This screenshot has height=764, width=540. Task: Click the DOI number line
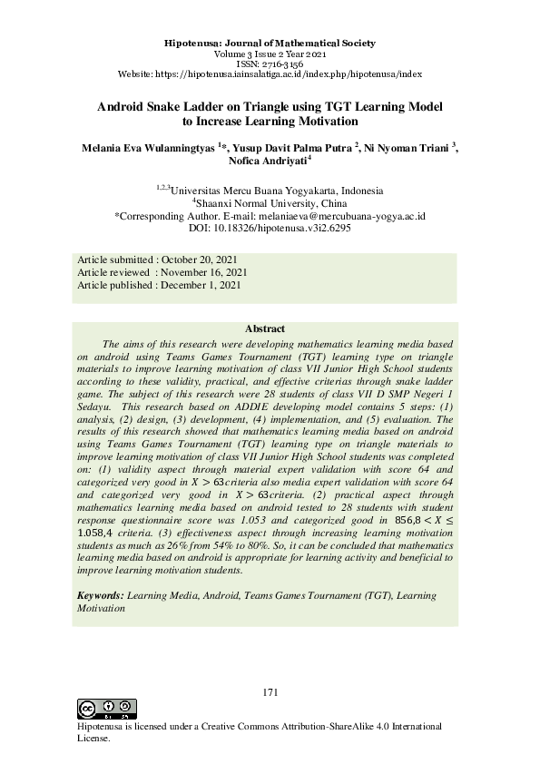click(270, 230)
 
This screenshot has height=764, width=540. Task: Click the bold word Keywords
click(100, 595)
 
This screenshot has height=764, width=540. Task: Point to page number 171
click(270, 692)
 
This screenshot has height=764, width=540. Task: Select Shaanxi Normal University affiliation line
click(270, 204)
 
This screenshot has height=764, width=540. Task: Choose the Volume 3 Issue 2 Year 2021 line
click(270, 54)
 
